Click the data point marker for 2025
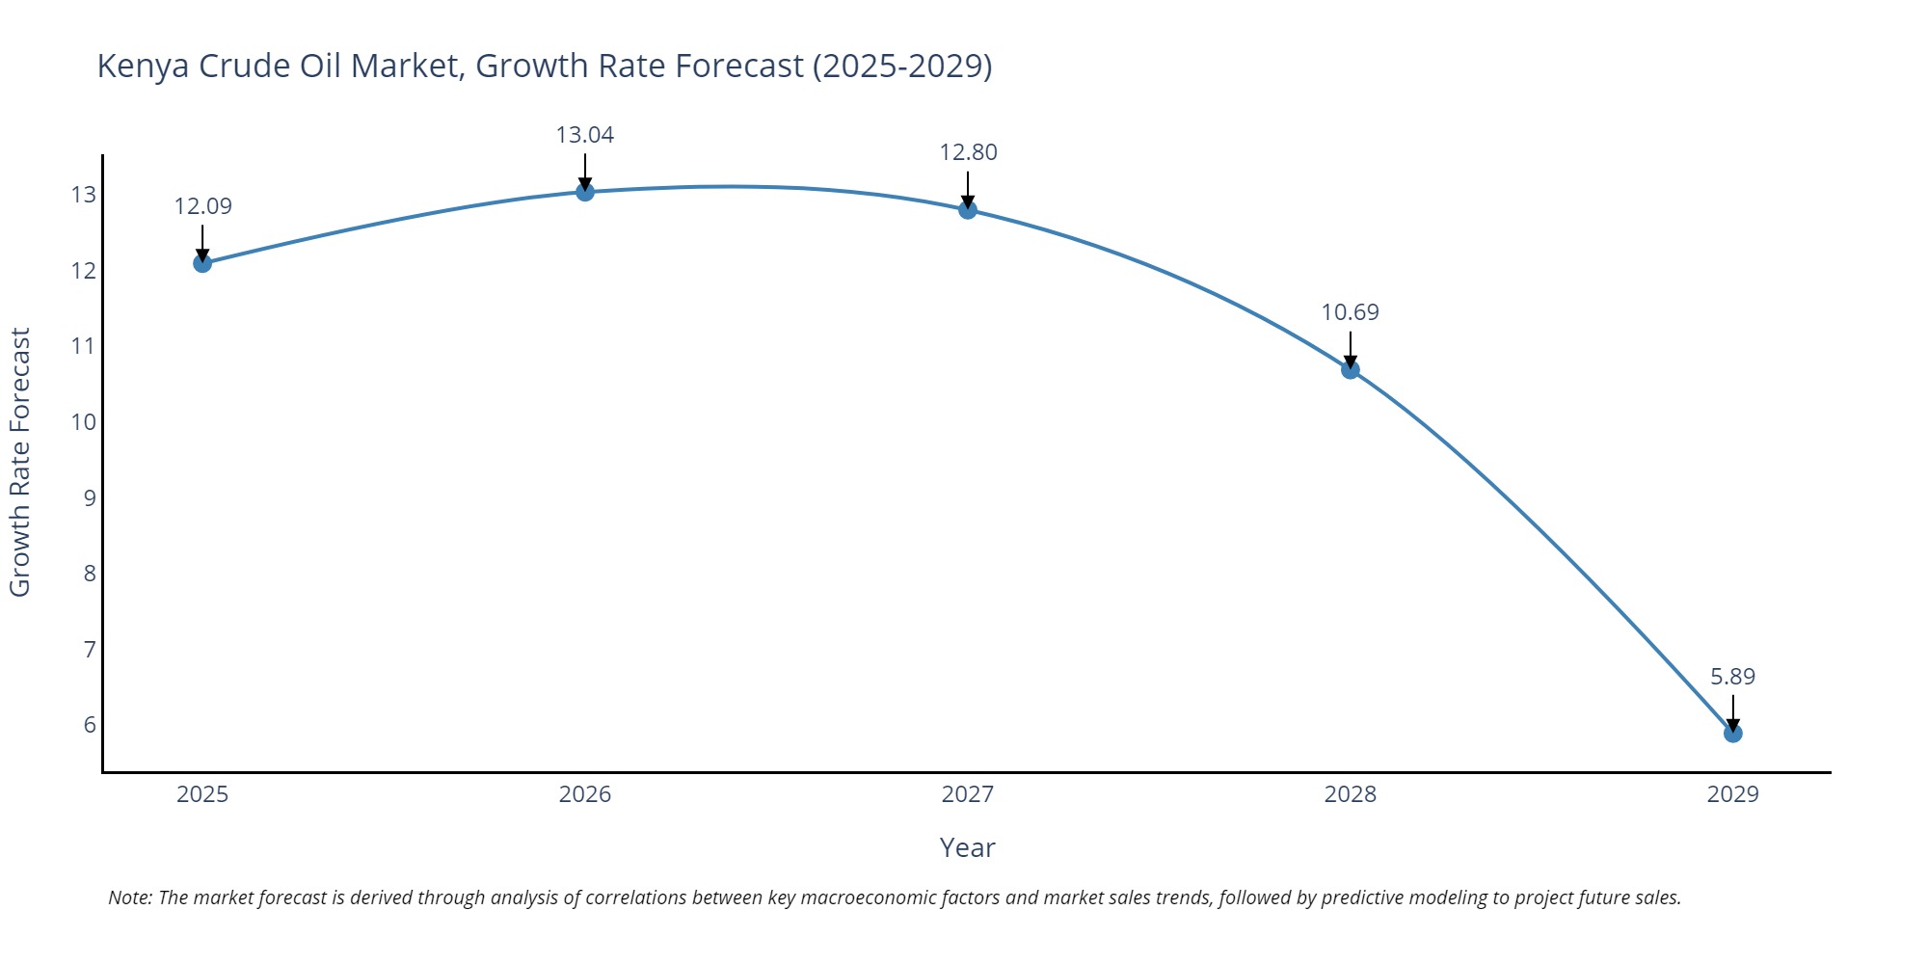coord(202,263)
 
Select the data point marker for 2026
coord(585,192)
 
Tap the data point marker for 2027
coord(968,210)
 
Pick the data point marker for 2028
coord(1351,369)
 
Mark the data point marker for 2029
coord(1733,734)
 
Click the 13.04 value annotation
coord(585,135)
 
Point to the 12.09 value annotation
coord(202,206)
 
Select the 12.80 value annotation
coord(968,152)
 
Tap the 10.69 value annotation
coord(1350,312)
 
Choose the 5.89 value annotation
coord(1732,677)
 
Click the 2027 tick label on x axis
coord(968,794)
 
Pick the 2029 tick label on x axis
coord(1732,794)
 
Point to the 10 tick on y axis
coord(84,422)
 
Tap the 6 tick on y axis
coord(90,725)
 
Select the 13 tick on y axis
coord(84,195)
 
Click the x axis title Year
coord(967,848)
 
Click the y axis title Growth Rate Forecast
coord(20,463)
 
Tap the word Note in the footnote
coord(129,897)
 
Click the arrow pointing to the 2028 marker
coord(1351,350)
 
